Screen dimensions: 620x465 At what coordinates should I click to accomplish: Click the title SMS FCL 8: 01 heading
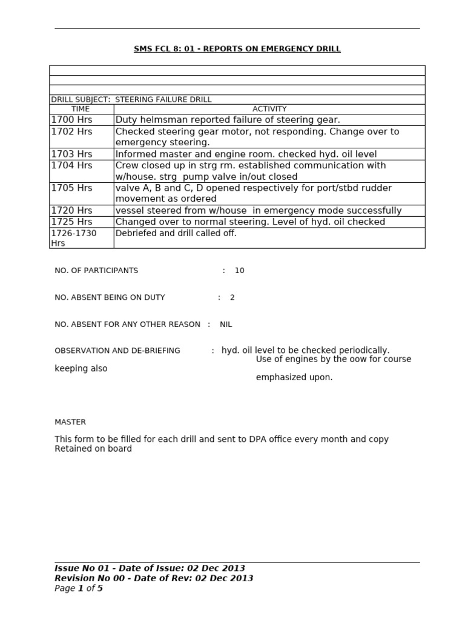click(237, 49)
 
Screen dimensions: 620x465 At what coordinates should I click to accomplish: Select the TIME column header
click(81, 109)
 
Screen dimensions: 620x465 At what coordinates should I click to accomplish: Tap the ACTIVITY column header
click(269, 109)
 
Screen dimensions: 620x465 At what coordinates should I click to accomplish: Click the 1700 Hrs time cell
click(71, 120)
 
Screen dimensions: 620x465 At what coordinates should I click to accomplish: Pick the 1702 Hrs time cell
click(71, 131)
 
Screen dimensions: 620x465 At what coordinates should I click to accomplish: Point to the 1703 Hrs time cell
click(71, 154)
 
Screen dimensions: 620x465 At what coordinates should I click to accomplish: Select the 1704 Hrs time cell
click(71, 165)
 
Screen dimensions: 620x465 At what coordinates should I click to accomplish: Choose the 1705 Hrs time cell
click(71, 188)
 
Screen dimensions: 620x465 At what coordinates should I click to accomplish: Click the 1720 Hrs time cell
click(71, 211)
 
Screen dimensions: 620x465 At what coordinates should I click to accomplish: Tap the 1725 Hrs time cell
click(71, 222)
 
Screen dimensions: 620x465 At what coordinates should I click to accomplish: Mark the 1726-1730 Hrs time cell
click(74, 238)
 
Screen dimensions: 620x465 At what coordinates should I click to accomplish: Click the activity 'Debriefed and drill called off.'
click(176, 233)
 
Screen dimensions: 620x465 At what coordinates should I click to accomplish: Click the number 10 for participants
click(239, 271)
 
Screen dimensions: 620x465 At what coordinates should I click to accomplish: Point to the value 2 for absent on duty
click(232, 297)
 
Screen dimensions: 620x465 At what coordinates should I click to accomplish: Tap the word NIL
click(226, 325)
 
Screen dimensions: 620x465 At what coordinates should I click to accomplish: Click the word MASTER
click(70, 422)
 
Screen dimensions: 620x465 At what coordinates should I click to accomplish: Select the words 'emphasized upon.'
click(294, 377)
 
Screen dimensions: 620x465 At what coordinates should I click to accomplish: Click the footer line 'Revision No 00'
click(154, 578)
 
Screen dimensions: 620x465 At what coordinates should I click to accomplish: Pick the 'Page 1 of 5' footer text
click(79, 588)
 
